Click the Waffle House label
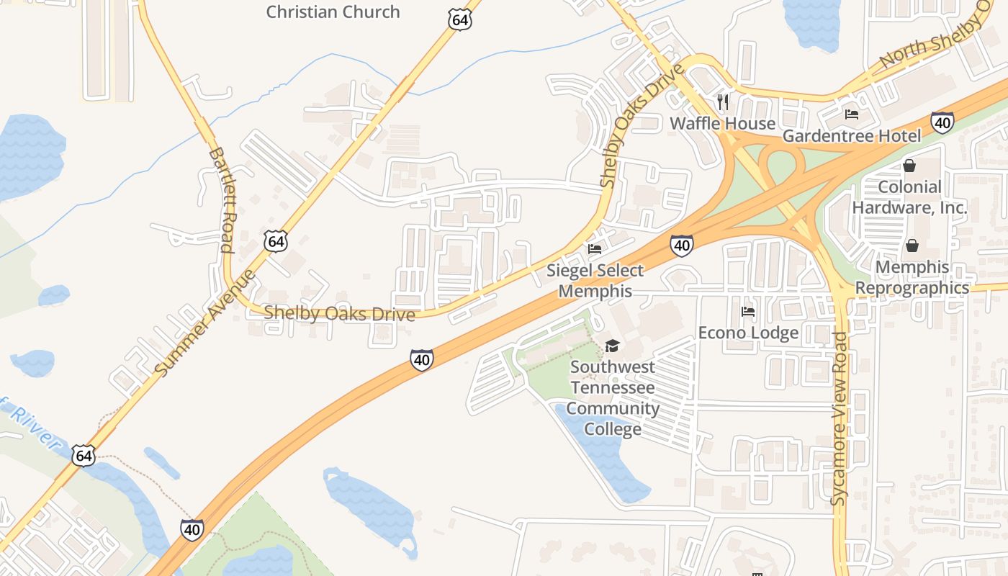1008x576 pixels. pyautogui.click(x=722, y=123)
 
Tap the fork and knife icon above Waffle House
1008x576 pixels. pyautogui.click(x=723, y=102)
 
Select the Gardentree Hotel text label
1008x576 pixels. pyautogui.click(x=851, y=136)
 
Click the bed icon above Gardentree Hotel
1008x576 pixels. pyautogui.click(x=852, y=114)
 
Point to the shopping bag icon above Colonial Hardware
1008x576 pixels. pyautogui.click(x=909, y=166)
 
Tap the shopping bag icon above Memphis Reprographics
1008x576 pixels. pyautogui.click(x=912, y=246)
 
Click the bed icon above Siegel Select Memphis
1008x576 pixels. pyautogui.click(x=595, y=249)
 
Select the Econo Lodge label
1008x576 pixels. pyautogui.click(x=748, y=333)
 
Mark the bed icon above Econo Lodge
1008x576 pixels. pyautogui.click(x=748, y=312)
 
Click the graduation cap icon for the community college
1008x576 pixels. pyautogui.click(x=612, y=346)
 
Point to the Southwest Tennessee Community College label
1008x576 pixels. pyautogui.click(x=613, y=398)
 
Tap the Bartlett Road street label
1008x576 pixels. pyautogui.click(x=221, y=200)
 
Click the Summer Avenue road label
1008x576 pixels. pyautogui.click(x=205, y=323)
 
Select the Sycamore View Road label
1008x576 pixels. pyautogui.click(x=840, y=418)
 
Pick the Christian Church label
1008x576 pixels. pyautogui.click(x=333, y=12)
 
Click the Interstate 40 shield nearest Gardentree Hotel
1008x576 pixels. pyautogui.click(x=942, y=122)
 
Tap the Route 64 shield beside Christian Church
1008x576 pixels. pyautogui.click(x=459, y=19)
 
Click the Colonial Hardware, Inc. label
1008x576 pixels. pyautogui.click(x=909, y=197)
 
